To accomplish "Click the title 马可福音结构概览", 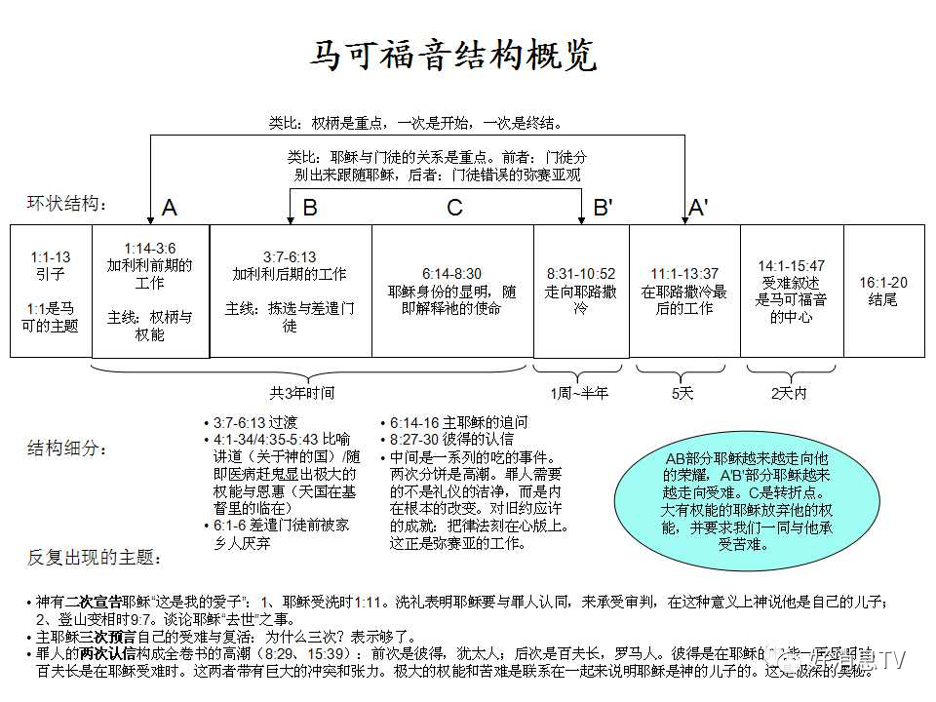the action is [x=452, y=56].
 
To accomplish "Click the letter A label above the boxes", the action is [x=170, y=208].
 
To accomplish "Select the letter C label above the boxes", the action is [x=454, y=208].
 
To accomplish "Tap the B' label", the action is [x=604, y=208].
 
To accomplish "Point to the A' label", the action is [x=698, y=208].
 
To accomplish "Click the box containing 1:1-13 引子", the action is [x=51, y=291].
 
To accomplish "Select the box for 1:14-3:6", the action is [x=150, y=291].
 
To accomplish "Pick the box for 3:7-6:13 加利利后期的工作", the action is [x=290, y=291].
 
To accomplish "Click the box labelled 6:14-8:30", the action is [x=452, y=291].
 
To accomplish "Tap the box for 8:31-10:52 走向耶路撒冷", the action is [x=580, y=291].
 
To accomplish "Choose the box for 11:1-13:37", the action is [x=683, y=291].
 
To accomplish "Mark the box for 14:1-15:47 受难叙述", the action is [x=791, y=291].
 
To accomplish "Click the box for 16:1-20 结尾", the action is [x=883, y=291].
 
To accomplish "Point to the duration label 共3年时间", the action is [x=302, y=394].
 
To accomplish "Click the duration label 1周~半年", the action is [x=579, y=394].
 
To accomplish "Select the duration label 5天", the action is [x=682, y=394].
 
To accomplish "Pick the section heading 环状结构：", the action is [x=68, y=204].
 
